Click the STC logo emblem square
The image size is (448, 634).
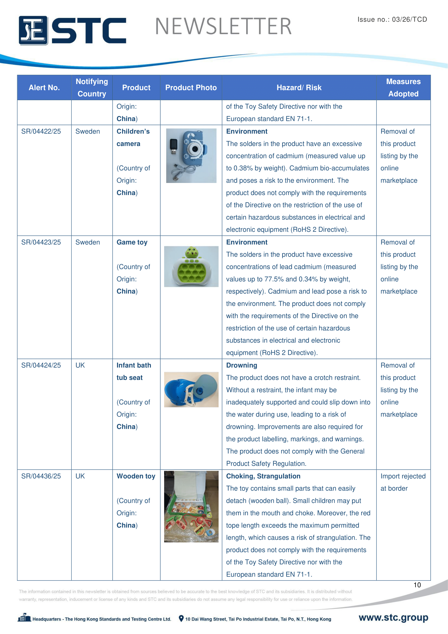(x=33, y=30)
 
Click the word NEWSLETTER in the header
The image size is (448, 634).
(x=223, y=27)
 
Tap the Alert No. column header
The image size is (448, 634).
(x=44, y=88)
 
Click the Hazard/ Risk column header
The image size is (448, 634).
(x=299, y=88)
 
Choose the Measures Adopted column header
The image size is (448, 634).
(x=403, y=88)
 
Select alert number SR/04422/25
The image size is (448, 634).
(x=41, y=131)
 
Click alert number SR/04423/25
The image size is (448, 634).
(x=41, y=242)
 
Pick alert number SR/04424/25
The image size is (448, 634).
(x=41, y=365)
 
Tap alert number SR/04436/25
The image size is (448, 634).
(x=41, y=476)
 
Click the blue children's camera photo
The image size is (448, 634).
(x=191, y=156)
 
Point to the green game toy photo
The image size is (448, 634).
(x=191, y=266)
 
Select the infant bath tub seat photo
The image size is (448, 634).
(x=191, y=389)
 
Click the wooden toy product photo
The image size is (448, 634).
(x=191, y=506)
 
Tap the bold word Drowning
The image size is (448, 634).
(x=241, y=365)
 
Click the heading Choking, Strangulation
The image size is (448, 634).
(x=263, y=476)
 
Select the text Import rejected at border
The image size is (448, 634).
(x=403, y=482)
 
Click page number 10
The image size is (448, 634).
(x=417, y=585)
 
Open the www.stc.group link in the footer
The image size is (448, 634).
(x=393, y=617)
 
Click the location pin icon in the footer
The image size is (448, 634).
(x=181, y=619)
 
